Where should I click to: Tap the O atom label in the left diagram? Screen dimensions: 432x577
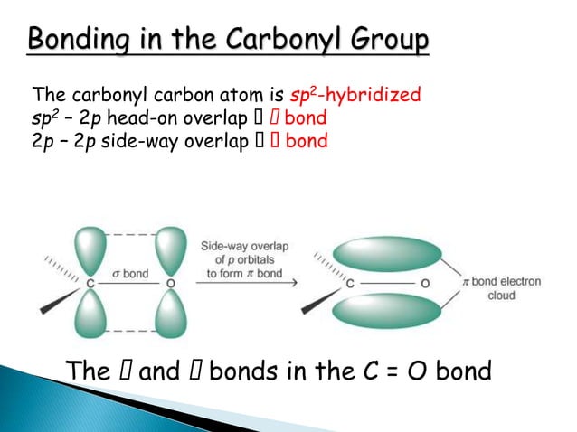(x=170, y=282)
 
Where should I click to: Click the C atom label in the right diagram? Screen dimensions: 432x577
(x=349, y=282)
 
